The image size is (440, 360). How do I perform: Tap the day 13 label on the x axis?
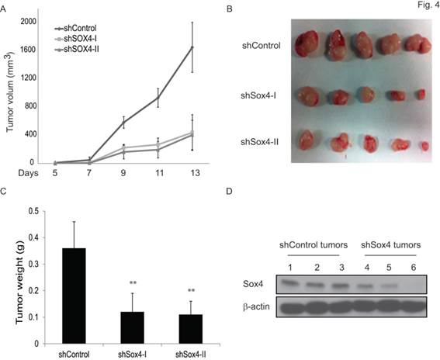192,172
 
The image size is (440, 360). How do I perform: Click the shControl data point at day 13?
192,47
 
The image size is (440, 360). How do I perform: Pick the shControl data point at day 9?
123,123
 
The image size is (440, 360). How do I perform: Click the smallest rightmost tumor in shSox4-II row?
424,146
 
